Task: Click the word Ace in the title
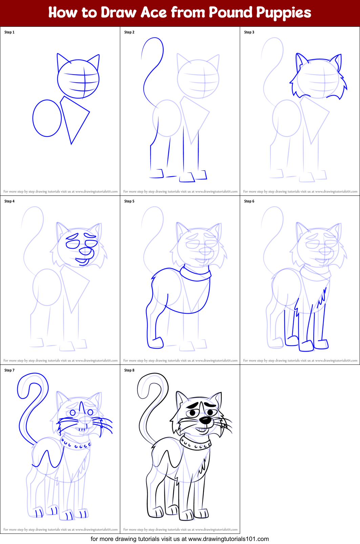(153, 13)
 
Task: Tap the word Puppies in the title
(283, 13)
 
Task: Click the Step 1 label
(9, 32)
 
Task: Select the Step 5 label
(129, 201)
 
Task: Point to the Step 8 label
(129, 370)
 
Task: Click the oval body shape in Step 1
(47, 118)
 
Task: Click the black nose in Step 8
(205, 420)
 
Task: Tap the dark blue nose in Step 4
(85, 251)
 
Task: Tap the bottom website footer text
(180, 539)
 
